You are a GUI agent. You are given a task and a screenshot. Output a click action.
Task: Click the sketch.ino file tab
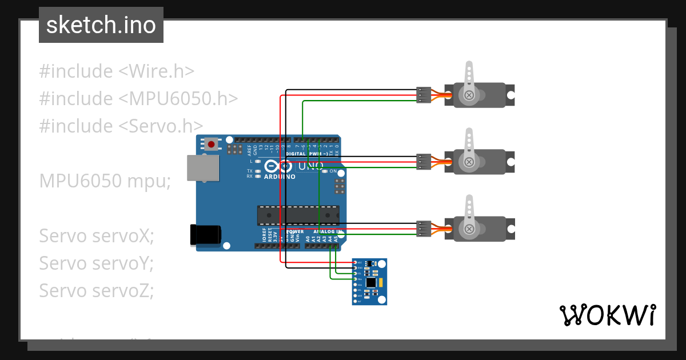pos(101,25)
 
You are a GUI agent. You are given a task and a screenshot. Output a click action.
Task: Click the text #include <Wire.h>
pos(117,71)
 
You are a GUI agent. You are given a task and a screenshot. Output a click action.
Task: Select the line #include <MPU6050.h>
pos(138,99)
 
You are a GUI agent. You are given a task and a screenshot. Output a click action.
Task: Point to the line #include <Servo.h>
pos(121,126)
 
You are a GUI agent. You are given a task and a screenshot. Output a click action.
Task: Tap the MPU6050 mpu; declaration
pos(105,181)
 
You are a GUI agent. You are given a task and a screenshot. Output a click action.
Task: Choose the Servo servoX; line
pos(97,235)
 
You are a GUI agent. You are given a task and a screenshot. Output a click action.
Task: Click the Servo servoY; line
pos(97,263)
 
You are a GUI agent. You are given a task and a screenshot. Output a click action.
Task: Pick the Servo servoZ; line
pos(97,290)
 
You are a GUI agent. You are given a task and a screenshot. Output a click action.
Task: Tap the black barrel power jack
pos(205,235)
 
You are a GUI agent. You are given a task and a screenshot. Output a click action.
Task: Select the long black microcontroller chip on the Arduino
pos(297,215)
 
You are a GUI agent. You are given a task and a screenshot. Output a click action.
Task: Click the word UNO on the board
pos(310,166)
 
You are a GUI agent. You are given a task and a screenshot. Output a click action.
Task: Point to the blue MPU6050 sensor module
pos(369,281)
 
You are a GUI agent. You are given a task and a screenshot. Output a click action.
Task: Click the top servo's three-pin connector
pos(424,95)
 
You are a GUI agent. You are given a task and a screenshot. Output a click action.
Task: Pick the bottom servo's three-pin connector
pos(424,229)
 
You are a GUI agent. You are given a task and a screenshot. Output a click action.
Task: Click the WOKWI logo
pos(607,315)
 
